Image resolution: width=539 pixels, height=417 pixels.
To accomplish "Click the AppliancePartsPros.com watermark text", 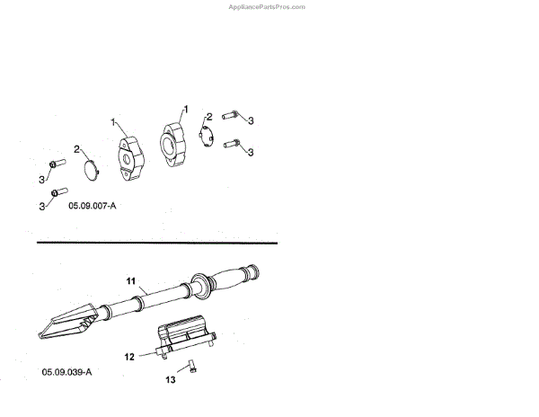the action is coord(267,6).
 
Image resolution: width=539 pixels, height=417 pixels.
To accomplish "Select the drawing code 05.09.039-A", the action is coord(67,372).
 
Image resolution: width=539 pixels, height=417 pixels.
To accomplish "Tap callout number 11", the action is coord(130,281).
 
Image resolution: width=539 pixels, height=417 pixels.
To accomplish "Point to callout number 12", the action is coord(129,357).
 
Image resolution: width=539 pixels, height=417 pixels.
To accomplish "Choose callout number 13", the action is coord(171,380).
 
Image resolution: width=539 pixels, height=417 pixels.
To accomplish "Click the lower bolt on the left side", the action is coord(58,192).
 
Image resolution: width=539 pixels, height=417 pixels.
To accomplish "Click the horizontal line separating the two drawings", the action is coord(156,243).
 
